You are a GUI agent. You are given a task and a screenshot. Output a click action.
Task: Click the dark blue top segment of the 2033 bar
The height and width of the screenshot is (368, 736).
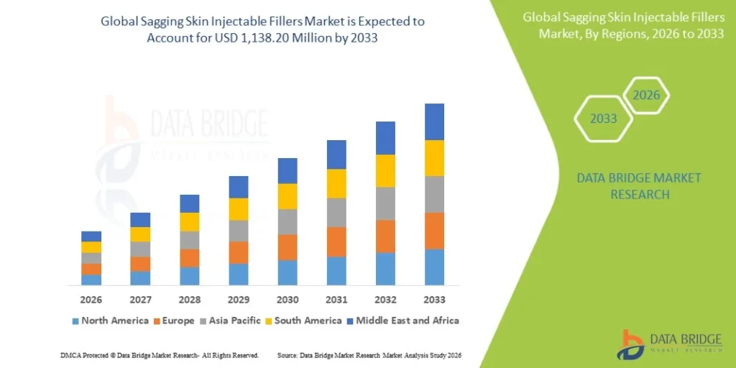[434, 121]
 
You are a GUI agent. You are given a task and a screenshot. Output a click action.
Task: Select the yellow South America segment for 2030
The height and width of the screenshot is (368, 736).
[287, 196]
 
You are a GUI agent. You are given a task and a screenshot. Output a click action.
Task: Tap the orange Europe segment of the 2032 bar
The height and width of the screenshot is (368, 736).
[385, 236]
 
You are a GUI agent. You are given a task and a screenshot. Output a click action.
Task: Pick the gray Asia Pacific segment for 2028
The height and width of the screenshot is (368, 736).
[190, 240]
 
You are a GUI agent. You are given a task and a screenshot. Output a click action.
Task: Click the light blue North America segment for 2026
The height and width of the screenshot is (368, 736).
[91, 280]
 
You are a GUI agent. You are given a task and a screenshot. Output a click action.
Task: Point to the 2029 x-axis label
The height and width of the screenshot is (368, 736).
[239, 300]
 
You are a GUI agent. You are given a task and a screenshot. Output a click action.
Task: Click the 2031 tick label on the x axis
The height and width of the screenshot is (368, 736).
[336, 300]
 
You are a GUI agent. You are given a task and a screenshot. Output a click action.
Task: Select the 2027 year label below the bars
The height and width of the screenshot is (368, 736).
[140, 300]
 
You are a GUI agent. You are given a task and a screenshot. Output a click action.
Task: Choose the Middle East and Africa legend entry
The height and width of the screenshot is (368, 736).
[402, 321]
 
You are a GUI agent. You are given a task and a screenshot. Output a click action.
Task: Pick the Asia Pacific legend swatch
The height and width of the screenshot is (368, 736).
[204, 321]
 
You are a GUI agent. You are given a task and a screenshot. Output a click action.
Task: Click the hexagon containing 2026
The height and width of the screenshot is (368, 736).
[645, 96]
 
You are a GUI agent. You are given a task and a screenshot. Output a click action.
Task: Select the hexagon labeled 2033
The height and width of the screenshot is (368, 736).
[603, 119]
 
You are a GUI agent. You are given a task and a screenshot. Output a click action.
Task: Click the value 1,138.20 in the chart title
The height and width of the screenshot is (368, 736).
[274, 38]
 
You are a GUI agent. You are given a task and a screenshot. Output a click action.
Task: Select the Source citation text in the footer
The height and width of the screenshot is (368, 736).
[369, 356]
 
